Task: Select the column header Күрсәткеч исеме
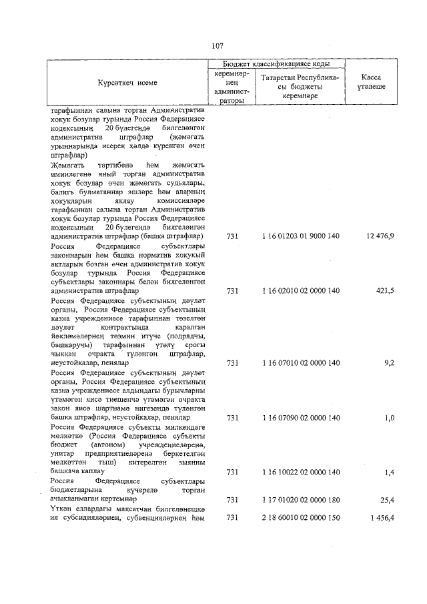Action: [127, 83]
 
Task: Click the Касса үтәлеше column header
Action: [372, 83]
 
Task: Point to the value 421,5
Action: [384, 291]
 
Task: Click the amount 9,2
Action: [389, 363]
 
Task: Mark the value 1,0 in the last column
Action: [389, 418]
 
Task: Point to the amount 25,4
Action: [387, 499]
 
